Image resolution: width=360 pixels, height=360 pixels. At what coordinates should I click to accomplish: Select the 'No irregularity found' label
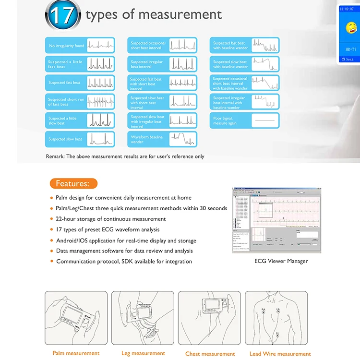pyautogui.click(x=66, y=46)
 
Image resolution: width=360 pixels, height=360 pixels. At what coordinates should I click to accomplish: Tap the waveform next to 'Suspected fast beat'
pyautogui.click(x=100, y=83)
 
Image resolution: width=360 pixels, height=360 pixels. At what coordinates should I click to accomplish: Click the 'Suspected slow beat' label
pyautogui.click(x=65, y=139)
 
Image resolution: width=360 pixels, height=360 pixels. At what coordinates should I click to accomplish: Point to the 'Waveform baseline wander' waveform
pyautogui.click(x=183, y=139)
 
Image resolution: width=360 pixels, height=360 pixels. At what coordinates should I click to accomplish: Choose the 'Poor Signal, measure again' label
pyautogui.click(x=225, y=120)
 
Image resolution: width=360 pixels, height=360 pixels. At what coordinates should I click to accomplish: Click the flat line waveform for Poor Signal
pyautogui.click(x=264, y=120)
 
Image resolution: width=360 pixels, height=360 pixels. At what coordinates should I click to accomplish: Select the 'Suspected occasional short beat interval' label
pyautogui.click(x=148, y=46)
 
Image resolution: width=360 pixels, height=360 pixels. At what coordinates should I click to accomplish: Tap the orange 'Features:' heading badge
pyautogui.click(x=73, y=183)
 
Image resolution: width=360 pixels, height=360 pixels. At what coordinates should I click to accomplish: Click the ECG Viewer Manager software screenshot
pyautogui.click(x=276, y=220)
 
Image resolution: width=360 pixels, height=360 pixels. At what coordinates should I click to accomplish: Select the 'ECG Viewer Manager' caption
pyautogui.click(x=281, y=261)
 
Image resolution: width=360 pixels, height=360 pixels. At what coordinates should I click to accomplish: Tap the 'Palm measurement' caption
pyautogui.click(x=76, y=353)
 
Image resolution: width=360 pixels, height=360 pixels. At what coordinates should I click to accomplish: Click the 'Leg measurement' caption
pyautogui.click(x=143, y=353)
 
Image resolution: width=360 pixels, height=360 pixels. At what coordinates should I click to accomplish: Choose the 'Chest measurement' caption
pyautogui.click(x=210, y=354)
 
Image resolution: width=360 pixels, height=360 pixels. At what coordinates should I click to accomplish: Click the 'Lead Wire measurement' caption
pyautogui.click(x=280, y=354)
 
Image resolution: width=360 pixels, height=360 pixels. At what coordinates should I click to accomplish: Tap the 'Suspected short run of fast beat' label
pyautogui.click(x=66, y=102)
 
